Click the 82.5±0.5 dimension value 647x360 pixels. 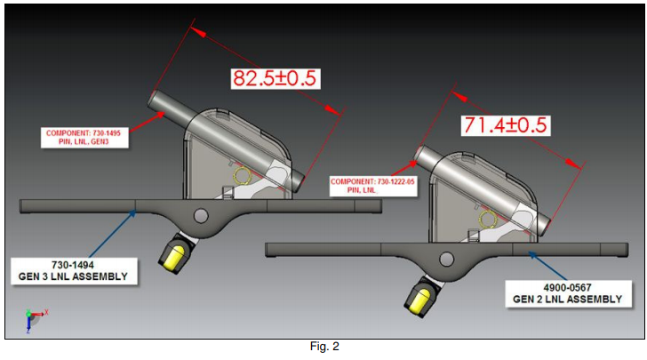coord(274,77)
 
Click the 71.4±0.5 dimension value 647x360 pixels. coord(504,124)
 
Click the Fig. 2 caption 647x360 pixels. coord(323,347)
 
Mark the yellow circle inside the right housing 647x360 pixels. coord(486,218)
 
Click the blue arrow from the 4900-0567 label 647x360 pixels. coord(551,268)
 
